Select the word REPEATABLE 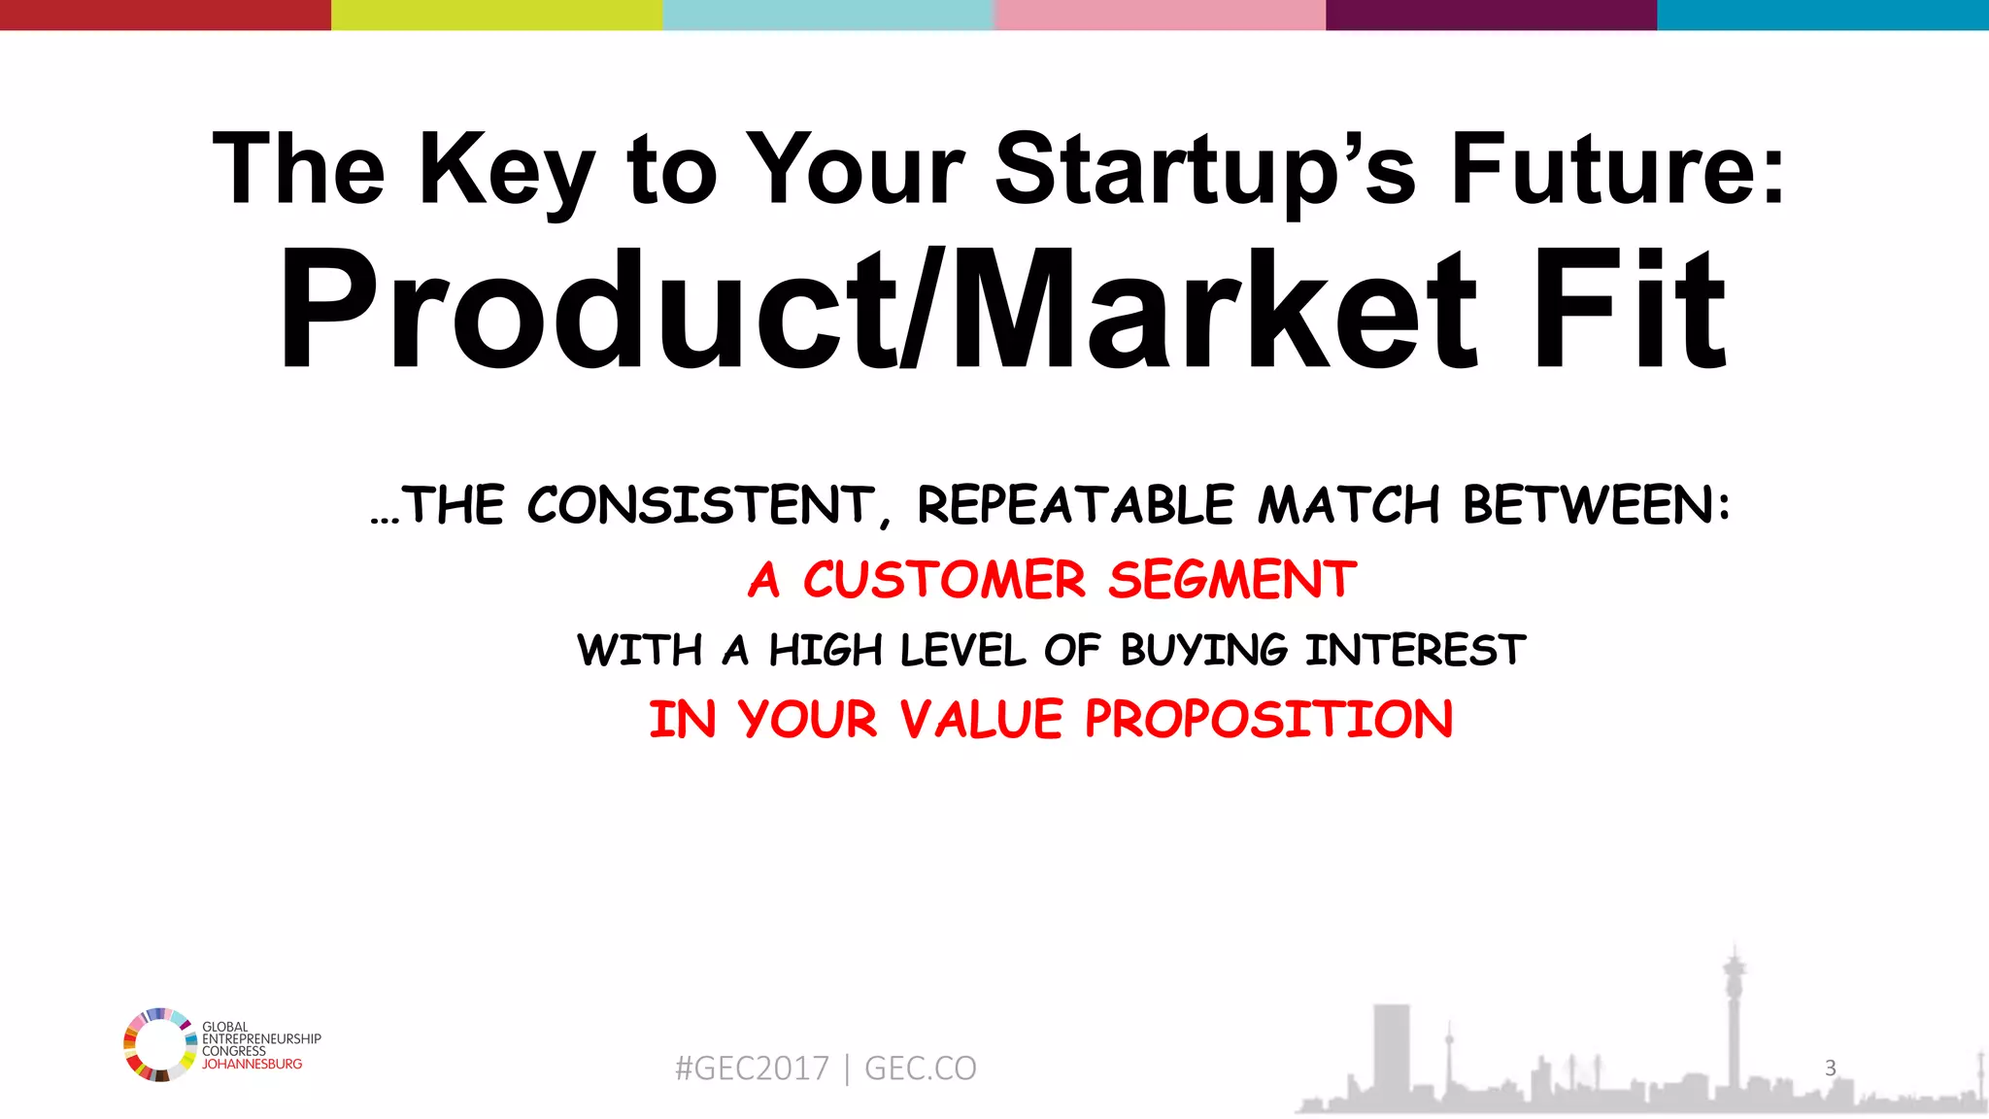1075,506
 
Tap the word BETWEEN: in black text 1596,506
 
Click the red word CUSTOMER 943,580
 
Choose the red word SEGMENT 1231,580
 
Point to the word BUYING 1203,650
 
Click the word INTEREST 1415,650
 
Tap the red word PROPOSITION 1268,720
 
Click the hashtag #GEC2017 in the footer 752,1068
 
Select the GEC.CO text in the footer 920,1068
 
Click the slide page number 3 1830,1068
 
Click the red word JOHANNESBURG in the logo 252,1065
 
